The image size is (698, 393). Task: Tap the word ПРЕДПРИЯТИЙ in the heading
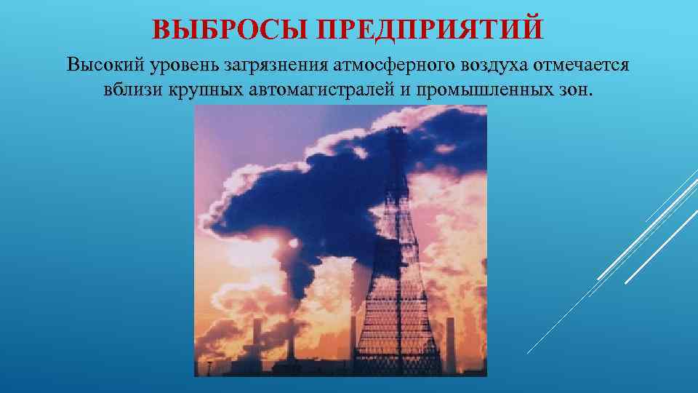click(x=430, y=29)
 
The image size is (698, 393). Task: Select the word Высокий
click(x=105, y=65)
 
